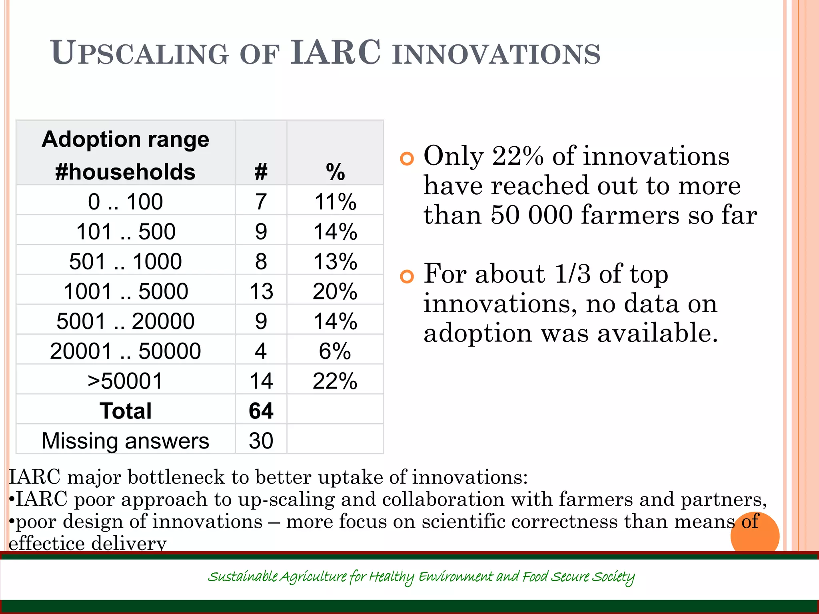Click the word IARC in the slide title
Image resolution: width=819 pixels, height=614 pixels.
(335, 53)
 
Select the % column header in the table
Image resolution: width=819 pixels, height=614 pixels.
(335, 172)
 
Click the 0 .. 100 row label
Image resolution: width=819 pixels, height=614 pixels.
(125, 201)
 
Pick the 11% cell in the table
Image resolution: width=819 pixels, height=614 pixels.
(335, 201)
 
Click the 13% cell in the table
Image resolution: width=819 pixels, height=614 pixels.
(335, 261)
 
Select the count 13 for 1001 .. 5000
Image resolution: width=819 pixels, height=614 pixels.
(261, 291)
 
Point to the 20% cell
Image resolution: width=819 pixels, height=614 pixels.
(335, 291)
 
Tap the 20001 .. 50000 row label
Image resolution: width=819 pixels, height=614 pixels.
(125, 351)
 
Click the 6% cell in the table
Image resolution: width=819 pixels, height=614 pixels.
(335, 351)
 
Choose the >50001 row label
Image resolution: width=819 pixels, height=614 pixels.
(125, 381)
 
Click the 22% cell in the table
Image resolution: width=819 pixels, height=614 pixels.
(335, 381)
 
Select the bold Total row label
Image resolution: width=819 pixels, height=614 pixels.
(125, 411)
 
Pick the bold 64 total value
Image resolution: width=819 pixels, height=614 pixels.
(261, 411)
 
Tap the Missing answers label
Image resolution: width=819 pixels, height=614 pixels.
(125, 441)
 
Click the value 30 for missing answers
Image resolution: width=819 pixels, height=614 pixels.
(261, 441)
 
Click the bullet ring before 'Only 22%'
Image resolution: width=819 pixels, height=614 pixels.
(407, 159)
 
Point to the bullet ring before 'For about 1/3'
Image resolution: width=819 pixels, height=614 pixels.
(407, 277)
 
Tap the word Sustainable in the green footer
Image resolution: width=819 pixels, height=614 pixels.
(242, 577)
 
